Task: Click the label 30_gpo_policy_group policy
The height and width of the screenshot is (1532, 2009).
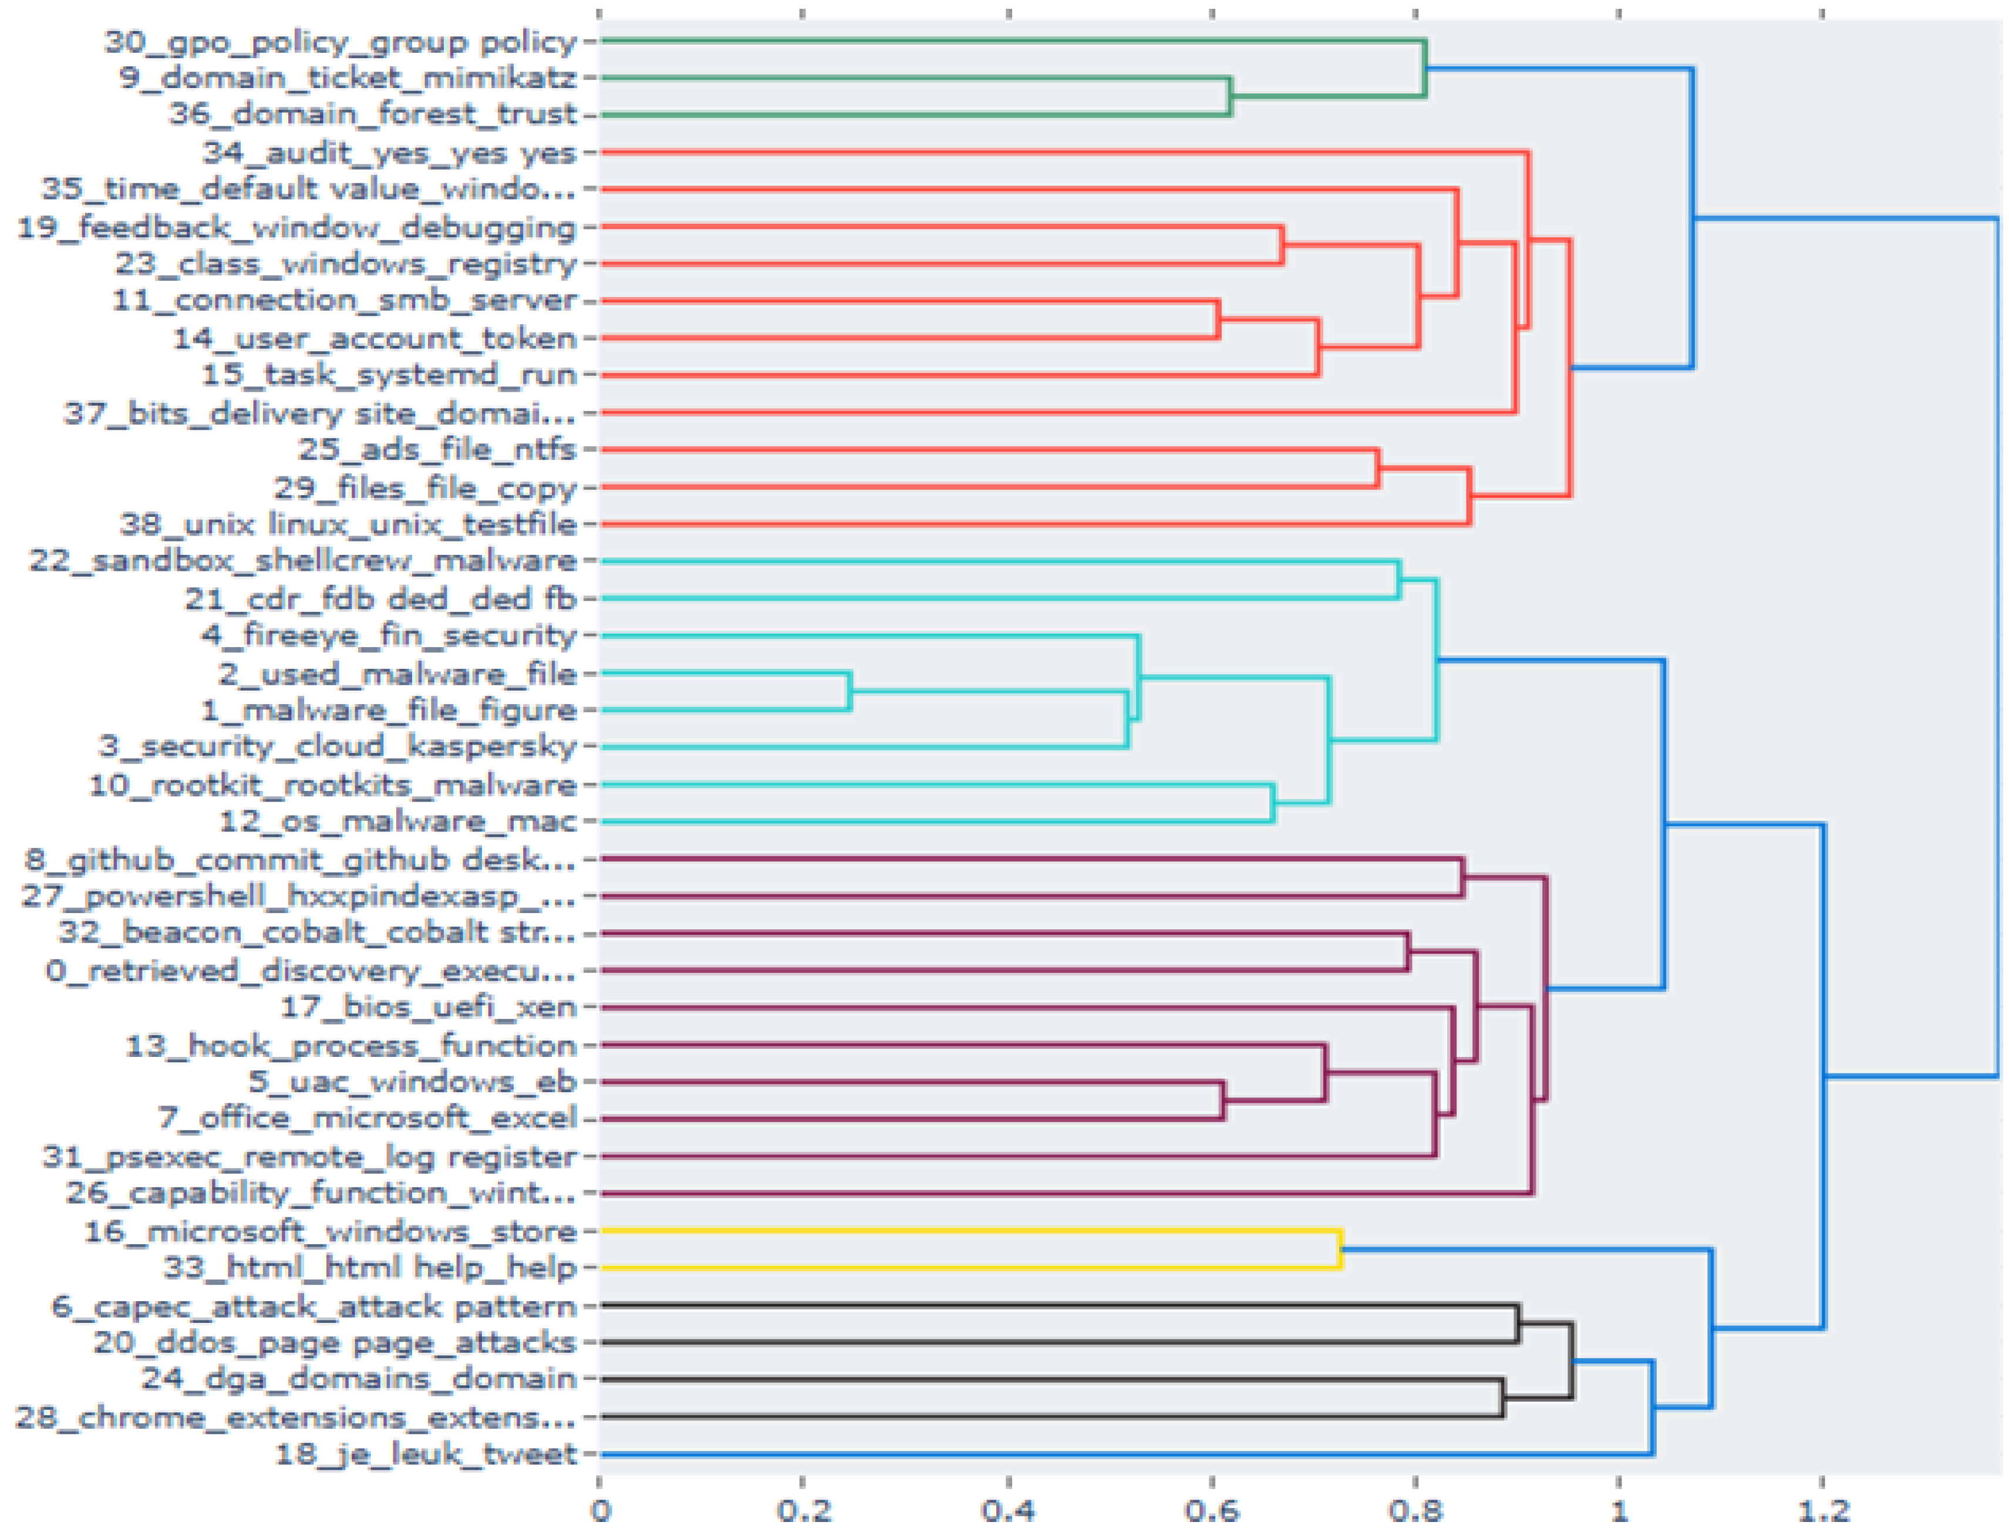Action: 340,42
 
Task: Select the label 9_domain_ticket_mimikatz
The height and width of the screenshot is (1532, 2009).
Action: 348,79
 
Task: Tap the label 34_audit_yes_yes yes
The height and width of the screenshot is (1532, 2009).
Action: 389,152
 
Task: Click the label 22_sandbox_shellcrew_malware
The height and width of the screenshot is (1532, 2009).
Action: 302,560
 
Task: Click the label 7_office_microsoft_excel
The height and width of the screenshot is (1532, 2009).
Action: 368,1118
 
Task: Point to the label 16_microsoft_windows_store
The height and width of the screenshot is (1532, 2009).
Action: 330,1231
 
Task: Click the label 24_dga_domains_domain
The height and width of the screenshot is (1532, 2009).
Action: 358,1379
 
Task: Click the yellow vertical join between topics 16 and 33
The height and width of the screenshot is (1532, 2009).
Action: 1340,1250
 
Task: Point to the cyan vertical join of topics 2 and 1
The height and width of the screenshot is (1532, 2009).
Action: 850,691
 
